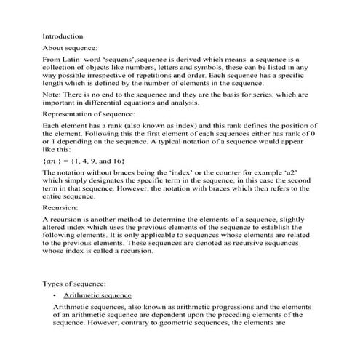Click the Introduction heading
point(63,36)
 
